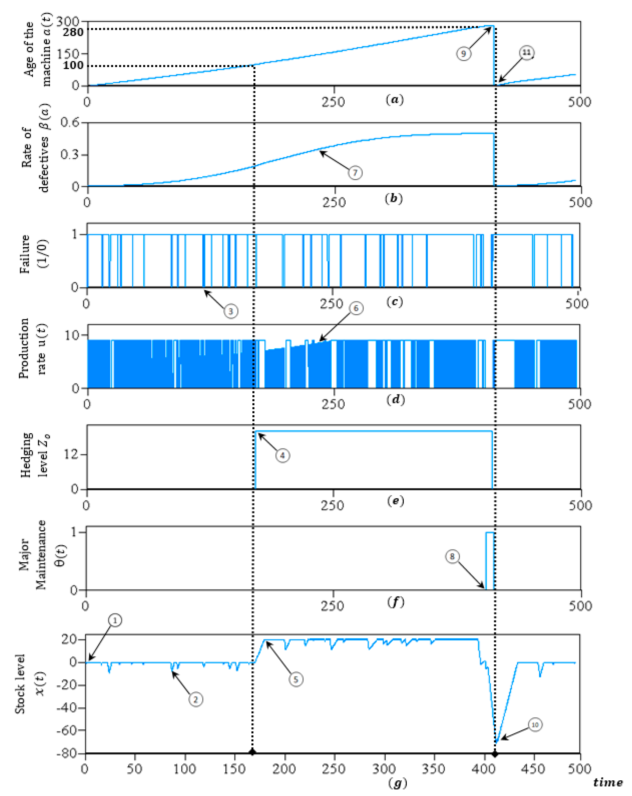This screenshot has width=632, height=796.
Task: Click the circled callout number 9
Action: pyautogui.click(x=464, y=54)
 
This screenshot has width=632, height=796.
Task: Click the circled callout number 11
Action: pyautogui.click(x=526, y=53)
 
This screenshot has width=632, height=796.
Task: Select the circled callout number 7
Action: pyautogui.click(x=355, y=173)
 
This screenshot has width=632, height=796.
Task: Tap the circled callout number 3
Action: pyautogui.click(x=231, y=311)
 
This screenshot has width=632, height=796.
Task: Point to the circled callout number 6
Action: pyautogui.click(x=356, y=308)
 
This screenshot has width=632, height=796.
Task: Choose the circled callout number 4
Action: pyautogui.click(x=283, y=455)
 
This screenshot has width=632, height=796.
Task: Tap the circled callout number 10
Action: pyautogui.click(x=534, y=725)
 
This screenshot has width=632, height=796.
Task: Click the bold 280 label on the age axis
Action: pyautogui.click(x=73, y=33)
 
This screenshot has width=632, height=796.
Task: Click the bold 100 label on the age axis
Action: pyautogui.click(x=73, y=66)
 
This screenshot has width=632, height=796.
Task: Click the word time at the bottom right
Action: pyautogui.click(x=608, y=782)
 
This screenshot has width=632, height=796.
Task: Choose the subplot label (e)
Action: pyautogui.click(x=395, y=501)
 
